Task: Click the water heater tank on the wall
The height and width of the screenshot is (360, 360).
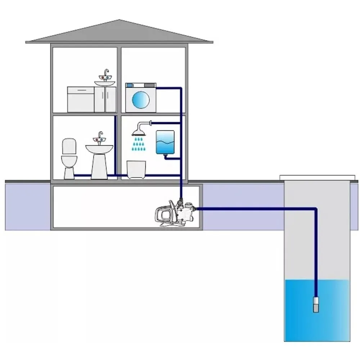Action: point(165,142)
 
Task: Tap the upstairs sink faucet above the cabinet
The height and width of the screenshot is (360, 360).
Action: point(106,75)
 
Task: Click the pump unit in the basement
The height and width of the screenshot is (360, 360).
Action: point(175,214)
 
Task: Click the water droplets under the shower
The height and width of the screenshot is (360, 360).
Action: point(138,144)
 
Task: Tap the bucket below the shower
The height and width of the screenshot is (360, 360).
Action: point(137,169)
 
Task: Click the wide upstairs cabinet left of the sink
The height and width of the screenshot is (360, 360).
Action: point(81,99)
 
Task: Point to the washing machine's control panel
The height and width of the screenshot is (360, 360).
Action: point(141,86)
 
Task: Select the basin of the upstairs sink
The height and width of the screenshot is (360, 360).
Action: point(105,83)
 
